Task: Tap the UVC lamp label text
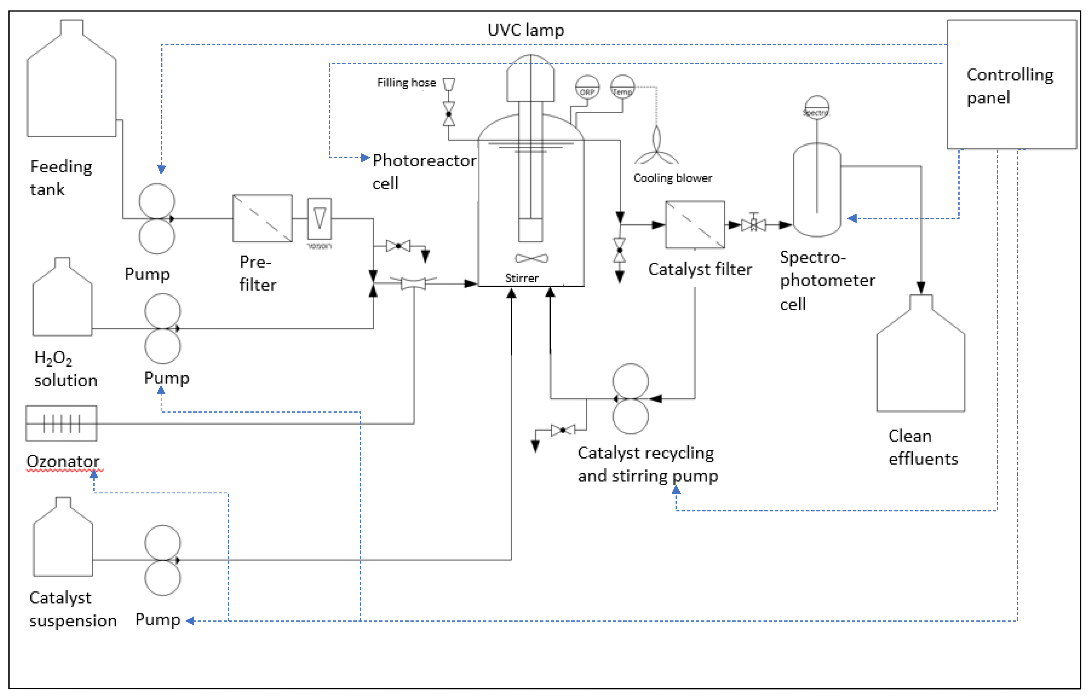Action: click(x=526, y=30)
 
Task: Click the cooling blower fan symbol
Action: click(x=657, y=148)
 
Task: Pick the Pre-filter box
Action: click(x=262, y=219)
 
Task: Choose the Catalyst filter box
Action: click(x=695, y=225)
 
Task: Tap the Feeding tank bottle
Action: click(x=71, y=86)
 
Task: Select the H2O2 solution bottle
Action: click(x=62, y=302)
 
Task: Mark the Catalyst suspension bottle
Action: click(x=63, y=542)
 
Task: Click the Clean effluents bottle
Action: click(x=921, y=359)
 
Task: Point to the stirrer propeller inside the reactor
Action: click(x=531, y=259)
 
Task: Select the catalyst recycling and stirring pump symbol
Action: click(x=630, y=398)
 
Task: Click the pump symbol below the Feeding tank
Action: click(x=157, y=219)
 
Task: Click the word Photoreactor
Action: click(x=424, y=160)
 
